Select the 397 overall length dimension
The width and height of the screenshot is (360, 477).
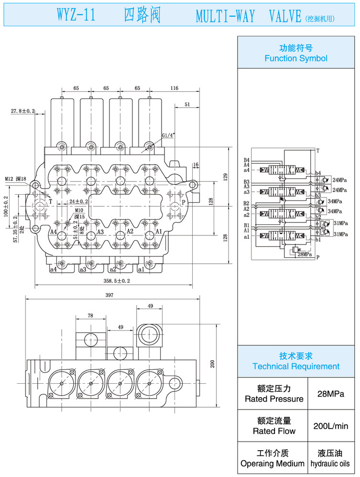click(x=109, y=295)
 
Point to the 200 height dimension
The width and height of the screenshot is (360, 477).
click(x=213, y=364)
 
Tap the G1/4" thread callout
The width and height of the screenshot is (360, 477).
click(x=168, y=135)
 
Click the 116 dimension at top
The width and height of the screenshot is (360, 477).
click(x=174, y=88)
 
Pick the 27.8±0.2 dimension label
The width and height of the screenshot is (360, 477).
click(x=23, y=111)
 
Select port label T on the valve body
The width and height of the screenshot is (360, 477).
click(x=50, y=202)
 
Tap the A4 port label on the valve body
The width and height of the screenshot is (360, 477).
click(x=54, y=232)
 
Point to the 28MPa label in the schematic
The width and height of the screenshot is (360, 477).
click(x=305, y=254)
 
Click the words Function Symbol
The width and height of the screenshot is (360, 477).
click(x=296, y=58)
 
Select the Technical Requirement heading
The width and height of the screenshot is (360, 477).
click(x=296, y=366)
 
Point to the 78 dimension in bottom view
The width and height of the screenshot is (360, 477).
click(x=90, y=316)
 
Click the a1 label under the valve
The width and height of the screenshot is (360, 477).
click(x=153, y=269)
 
